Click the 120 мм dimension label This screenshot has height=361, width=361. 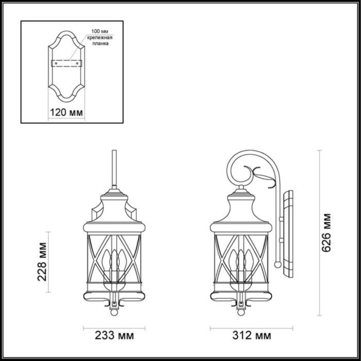click(x=66, y=112)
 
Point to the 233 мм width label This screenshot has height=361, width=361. click(x=114, y=336)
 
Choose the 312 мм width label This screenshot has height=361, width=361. click(x=251, y=336)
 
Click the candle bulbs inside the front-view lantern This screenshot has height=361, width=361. click(x=114, y=260)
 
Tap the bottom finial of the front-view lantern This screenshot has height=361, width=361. click(x=114, y=311)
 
